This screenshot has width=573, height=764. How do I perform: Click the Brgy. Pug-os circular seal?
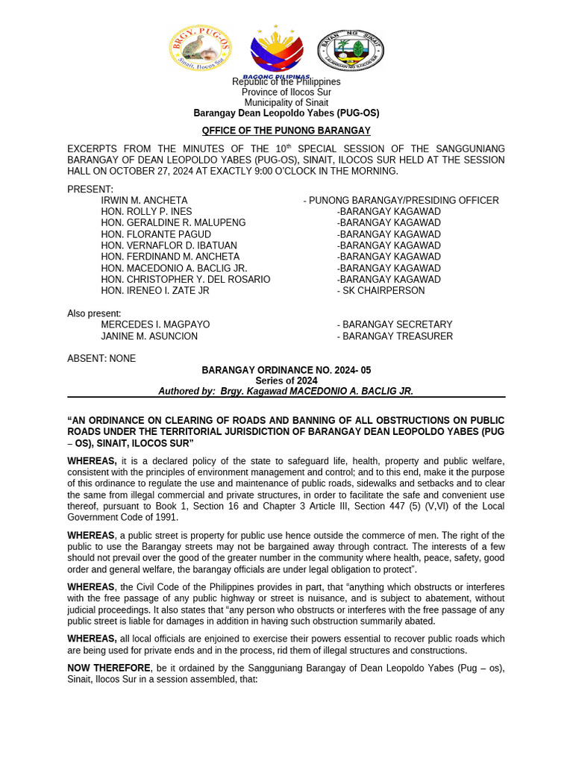point(200,48)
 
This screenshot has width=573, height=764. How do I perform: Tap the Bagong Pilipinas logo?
point(277,51)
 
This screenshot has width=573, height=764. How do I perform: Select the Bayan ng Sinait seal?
point(351,50)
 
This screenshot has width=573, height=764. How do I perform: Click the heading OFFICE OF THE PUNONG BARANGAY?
point(286,131)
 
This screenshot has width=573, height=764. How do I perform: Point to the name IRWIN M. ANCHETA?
point(145,201)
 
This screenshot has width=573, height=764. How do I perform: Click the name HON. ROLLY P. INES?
point(146,212)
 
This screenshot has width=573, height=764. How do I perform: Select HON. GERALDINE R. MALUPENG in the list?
point(173,223)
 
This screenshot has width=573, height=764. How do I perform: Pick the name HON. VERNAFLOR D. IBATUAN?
point(169,245)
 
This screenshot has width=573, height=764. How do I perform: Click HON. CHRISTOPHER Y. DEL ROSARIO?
point(186,280)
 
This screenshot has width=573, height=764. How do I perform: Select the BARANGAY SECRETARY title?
point(395,325)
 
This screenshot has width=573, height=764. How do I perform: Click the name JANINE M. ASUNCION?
point(149,336)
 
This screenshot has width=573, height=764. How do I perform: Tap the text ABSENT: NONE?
point(101,359)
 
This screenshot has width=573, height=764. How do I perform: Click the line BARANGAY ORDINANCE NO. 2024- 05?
point(286,370)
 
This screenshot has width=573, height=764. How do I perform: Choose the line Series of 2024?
point(286,381)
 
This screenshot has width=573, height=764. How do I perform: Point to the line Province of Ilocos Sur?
point(286,93)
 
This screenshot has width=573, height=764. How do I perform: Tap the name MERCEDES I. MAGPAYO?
point(155,325)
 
